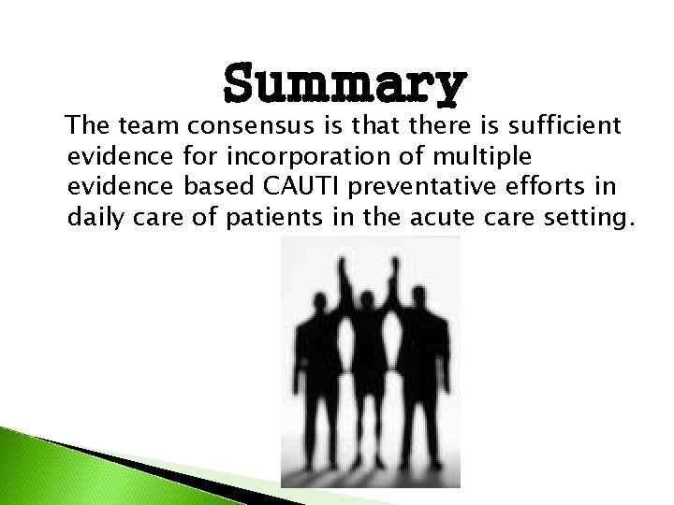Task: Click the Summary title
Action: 344,85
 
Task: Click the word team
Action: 149,124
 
